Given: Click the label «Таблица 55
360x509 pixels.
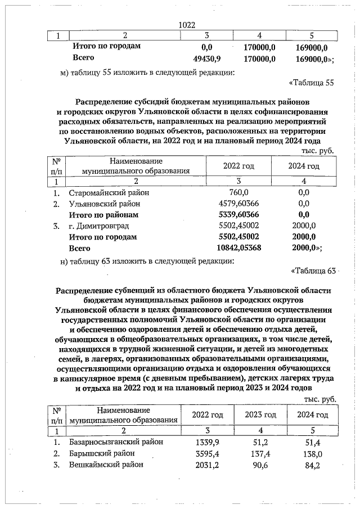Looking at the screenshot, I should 312,83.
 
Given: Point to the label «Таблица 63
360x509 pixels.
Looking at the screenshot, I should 313,271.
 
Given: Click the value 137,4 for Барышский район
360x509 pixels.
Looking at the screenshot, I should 259,453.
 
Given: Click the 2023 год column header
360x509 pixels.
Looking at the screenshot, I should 260,415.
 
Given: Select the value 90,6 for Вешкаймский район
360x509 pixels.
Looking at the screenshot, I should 259,465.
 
